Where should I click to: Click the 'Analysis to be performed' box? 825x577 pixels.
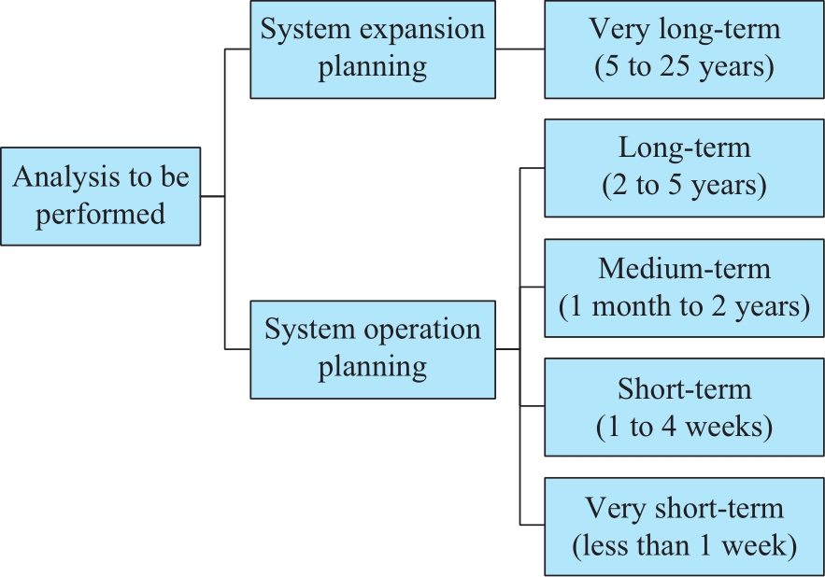coord(101,196)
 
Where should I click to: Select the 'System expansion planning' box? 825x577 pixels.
coord(373,49)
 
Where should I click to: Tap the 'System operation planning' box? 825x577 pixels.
coord(373,350)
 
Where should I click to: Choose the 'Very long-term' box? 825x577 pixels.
coord(684,49)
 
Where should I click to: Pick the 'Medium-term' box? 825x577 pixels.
coord(684,288)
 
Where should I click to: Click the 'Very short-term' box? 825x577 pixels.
coord(684,527)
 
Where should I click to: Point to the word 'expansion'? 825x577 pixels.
coord(422,31)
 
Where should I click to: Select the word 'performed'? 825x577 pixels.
coord(101,215)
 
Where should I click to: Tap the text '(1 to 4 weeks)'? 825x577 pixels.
coord(684,427)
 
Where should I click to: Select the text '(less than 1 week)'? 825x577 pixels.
coord(684,545)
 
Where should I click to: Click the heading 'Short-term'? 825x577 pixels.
coord(684,389)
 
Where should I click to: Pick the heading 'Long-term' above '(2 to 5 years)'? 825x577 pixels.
coord(684,148)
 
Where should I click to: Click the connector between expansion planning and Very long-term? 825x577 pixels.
coord(519,49)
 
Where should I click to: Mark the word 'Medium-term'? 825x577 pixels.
coord(684,269)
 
